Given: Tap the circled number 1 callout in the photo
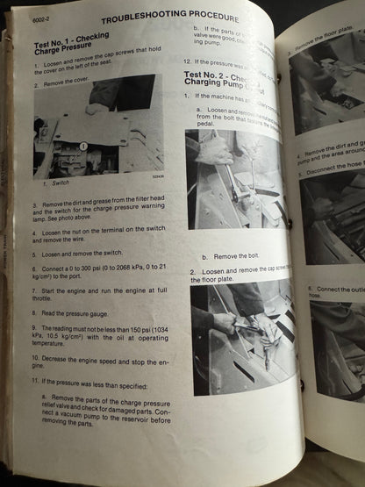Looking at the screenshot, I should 83,147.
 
